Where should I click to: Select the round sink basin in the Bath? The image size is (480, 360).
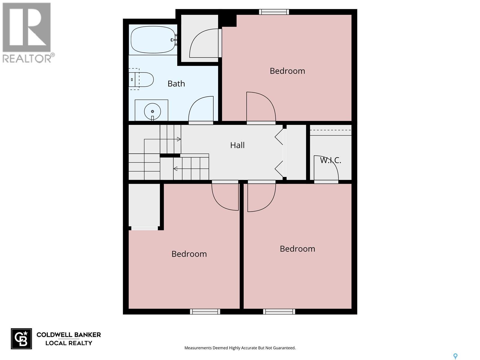152,111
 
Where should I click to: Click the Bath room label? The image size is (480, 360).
176,84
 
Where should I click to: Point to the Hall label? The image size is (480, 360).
237,145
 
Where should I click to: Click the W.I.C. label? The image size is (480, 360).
330,160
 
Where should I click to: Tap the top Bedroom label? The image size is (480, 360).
287,71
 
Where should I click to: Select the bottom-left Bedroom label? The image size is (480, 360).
189,254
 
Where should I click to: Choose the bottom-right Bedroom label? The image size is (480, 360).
297,249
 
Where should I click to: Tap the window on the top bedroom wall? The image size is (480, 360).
274,12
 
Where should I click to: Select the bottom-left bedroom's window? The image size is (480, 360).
205,312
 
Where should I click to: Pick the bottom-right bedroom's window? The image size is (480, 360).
279,312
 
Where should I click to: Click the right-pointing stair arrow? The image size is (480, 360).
178,139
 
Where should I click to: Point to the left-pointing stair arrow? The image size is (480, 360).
175,169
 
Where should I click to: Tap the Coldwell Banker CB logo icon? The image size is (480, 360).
21,339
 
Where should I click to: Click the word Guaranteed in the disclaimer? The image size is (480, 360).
285,348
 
